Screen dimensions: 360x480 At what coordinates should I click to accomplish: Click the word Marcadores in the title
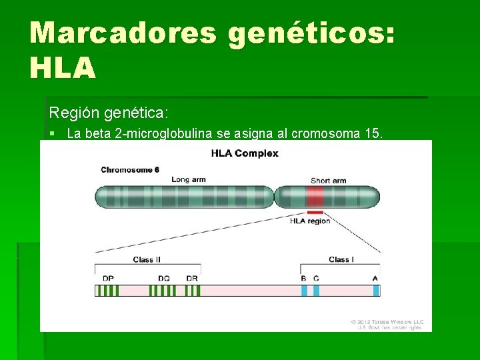[x=123, y=33]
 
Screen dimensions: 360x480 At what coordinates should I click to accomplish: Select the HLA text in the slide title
[x=63, y=69]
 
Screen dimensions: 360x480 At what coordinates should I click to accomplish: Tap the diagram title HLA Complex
[x=245, y=153]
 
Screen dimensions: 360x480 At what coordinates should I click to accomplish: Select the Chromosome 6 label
[x=130, y=169]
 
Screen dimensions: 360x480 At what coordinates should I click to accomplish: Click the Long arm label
[x=189, y=179]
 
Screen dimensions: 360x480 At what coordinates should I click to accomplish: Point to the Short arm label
[x=328, y=180]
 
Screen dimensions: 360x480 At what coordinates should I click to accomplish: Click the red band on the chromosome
[x=315, y=197]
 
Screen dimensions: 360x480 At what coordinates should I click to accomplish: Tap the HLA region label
[x=310, y=221]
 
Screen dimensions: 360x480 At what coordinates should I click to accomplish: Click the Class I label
[x=340, y=259]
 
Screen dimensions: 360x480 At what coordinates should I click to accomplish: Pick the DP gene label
[x=107, y=278]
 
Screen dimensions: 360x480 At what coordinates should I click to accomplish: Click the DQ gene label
[x=163, y=278]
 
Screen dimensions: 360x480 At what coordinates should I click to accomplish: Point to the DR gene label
[x=191, y=278]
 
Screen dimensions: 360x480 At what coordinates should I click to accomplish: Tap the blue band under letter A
[x=376, y=291]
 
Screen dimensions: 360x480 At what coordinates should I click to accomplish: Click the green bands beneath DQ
[x=163, y=291]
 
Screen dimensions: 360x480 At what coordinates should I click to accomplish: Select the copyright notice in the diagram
[x=386, y=324]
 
